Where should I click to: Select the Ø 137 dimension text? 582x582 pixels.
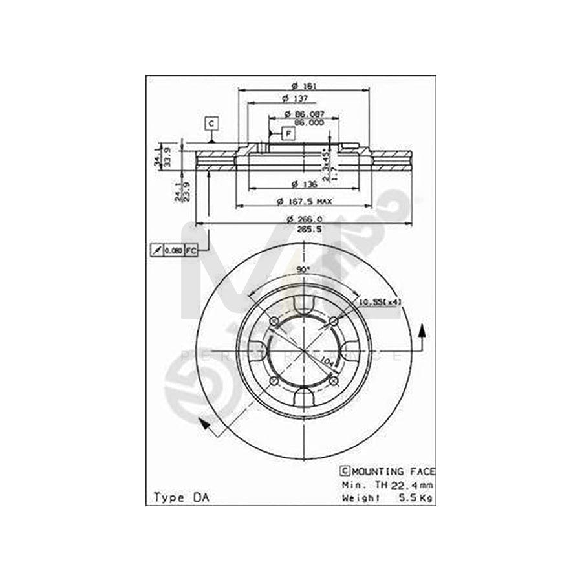tap(295, 98)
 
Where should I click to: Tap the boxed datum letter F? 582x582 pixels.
tap(288, 133)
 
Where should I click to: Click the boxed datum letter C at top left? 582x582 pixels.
tap(211, 122)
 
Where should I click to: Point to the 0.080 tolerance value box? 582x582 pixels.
tap(173, 250)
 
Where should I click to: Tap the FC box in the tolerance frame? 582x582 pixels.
tap(191, 250)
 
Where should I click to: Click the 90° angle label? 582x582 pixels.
tap(303, 270)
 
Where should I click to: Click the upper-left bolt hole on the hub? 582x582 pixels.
tap(274, 323)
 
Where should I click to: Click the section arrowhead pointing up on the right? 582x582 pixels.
tap(423, 329)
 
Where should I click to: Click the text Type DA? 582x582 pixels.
tap(177, 497)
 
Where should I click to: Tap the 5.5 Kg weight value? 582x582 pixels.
tap(418, 497)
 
